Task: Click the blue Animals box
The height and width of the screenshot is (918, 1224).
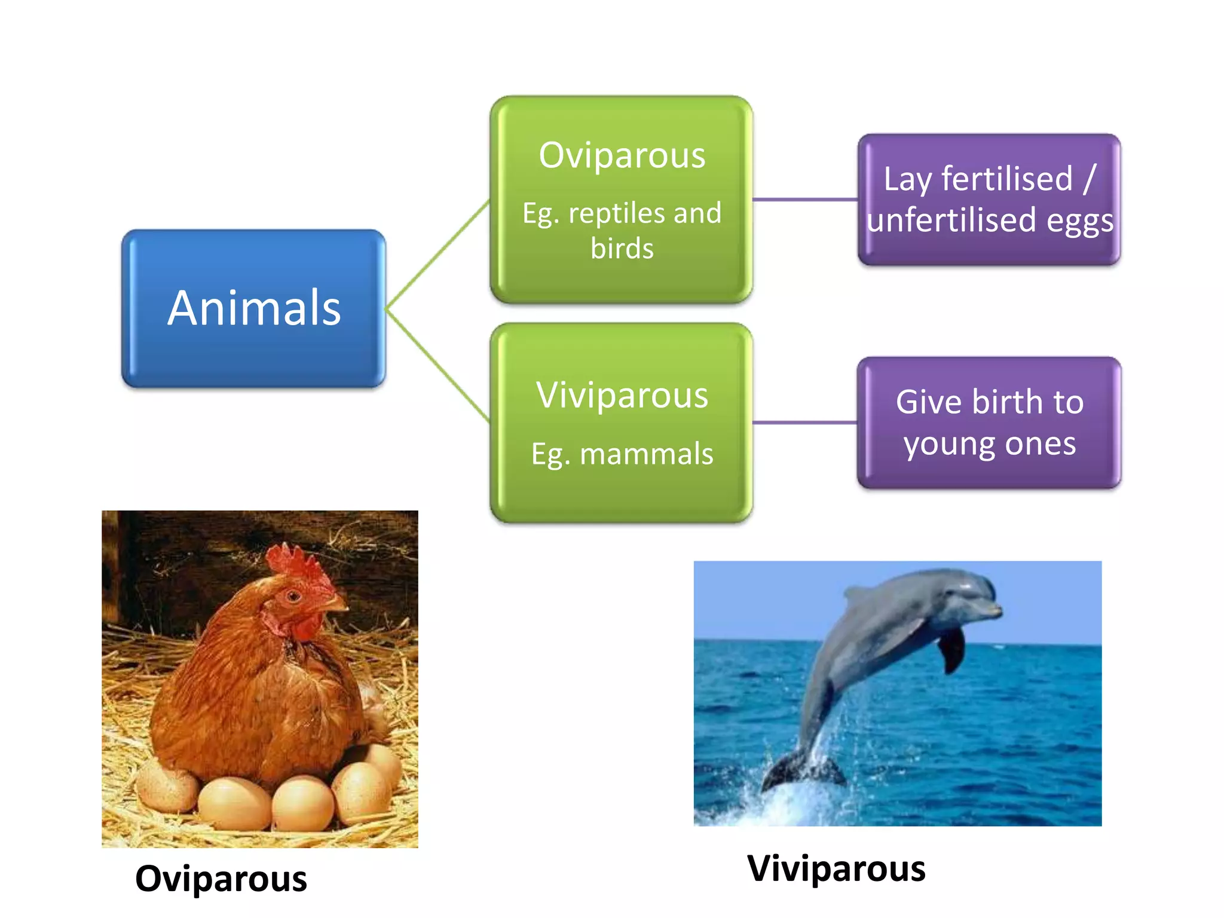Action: [253, 308]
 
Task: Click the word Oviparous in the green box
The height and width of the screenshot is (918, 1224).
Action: [622, 155]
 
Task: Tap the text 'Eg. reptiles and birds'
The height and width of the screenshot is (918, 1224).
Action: [622, 230]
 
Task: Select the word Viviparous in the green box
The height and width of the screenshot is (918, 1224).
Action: [622, 395]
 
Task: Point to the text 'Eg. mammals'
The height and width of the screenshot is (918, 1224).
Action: [622, 454]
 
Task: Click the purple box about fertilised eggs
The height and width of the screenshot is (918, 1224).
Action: [989, 199]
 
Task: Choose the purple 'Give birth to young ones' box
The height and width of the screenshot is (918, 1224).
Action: [989, 423]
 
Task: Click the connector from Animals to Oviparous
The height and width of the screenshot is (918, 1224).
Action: [438, 255]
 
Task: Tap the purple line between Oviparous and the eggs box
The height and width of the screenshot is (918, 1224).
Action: [805, 199]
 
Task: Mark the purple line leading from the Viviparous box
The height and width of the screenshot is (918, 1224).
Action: [805, 423]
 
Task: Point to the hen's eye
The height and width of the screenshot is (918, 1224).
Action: [293, 596]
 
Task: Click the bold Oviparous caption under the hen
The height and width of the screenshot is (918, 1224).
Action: [221, 879]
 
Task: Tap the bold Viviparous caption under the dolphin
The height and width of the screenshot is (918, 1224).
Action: [836, 868]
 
